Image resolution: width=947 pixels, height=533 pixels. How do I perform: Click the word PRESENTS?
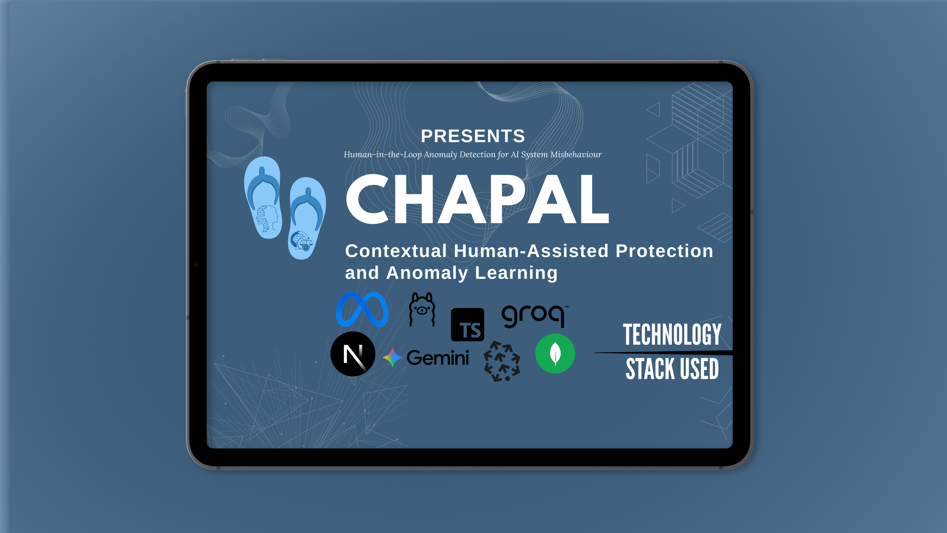[x=473, y=136]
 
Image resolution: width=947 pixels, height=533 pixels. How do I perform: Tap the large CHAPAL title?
[x=478, y=199]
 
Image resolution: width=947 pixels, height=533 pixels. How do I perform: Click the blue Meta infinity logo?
[x=362, y=309]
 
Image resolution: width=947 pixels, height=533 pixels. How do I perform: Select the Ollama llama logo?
[x=422, y=309]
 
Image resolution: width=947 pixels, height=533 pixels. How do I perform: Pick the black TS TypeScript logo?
[x=468, y=325]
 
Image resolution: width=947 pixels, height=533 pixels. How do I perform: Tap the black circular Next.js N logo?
[x=353, y=354]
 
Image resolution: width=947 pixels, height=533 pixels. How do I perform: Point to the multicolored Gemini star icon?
[x=393, y=357]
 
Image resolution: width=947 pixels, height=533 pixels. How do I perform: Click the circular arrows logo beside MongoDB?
[x=502, y=361]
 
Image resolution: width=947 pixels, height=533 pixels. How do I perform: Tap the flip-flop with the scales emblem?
[x=307, y=218]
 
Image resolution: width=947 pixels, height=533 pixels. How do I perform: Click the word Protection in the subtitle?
[x=665, y=251]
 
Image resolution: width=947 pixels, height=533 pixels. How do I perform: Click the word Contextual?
[x=396, y=251]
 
